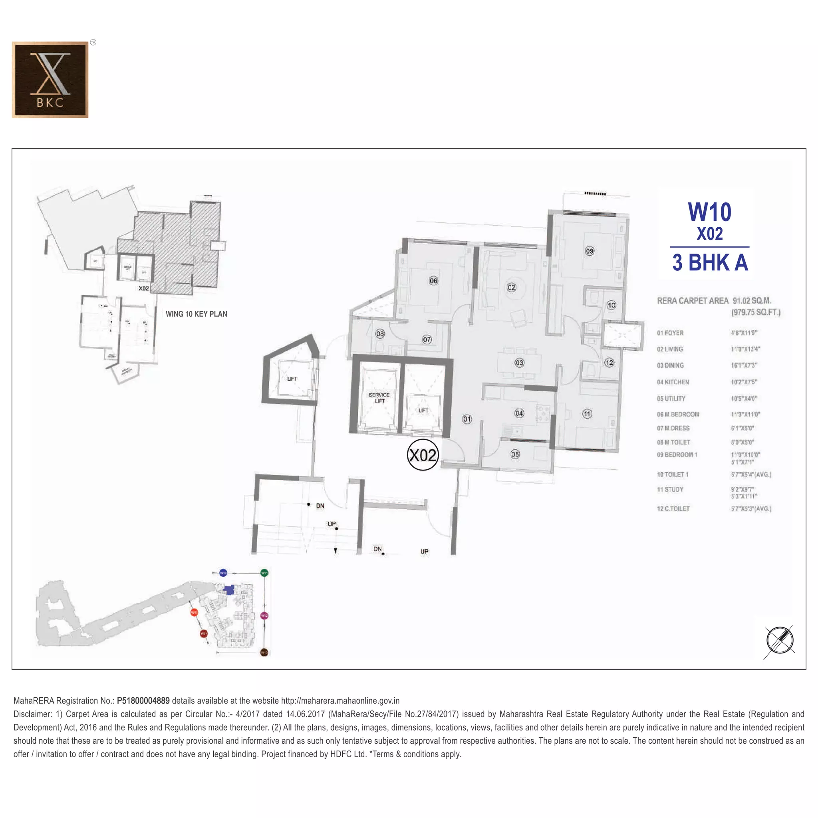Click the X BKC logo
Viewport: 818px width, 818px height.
tap(50, 79)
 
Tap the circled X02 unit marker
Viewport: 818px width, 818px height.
tap(422, 455)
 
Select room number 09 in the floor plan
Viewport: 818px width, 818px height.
tap(590, 251)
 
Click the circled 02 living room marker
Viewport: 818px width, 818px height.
tap(512, 288)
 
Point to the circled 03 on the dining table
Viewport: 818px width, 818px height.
tap(519, 363)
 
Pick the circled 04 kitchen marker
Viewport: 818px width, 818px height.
tap(519, 413)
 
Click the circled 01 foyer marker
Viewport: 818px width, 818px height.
tap(467, 419)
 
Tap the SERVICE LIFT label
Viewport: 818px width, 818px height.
tap(379, 397)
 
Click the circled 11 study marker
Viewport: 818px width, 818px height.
tap(587, 414)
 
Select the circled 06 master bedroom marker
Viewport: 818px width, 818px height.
tap(433, 281)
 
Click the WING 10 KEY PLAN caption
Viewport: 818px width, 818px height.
tap(196, 314)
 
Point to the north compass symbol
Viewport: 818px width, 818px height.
tap(780, 640)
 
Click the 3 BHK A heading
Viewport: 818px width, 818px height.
tap(710, 262)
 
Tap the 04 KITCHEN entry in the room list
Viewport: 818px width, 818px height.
tap(673, 382)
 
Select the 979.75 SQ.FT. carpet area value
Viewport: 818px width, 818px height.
tap(756, 312)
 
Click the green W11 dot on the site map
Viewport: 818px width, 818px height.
tap(264, 573)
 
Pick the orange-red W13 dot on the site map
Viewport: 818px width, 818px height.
tap(194, 612)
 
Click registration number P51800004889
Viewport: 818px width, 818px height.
tap(143, 701)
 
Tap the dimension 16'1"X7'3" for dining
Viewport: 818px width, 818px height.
tap(744, 365)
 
